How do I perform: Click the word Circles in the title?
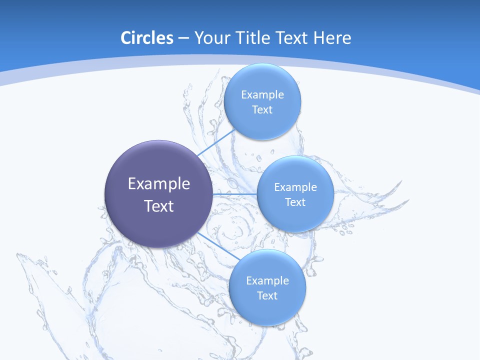click(x=146, y=37)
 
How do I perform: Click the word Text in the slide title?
click(x=291, y=37)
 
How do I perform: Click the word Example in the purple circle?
click(x=159, y=184)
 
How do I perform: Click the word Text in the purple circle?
click(x=159, y=206)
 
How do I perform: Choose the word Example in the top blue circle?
click(x=262, y=94)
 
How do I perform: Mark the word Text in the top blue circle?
click(x=262, y=109)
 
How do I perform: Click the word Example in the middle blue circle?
click(x=295, y=187)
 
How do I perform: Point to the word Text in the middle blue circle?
click(x=295, y=202)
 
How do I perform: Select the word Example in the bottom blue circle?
click(x=267, y=280)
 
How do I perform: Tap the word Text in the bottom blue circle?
click(x=267, y=295)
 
